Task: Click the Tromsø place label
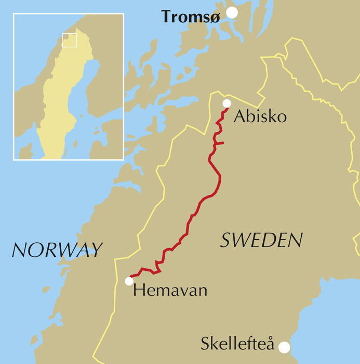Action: click(191, 17)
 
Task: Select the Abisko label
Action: click(260, 116)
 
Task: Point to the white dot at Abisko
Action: click(226, 103)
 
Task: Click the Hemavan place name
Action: click(170, 290)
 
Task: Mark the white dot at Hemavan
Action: click(129, 281)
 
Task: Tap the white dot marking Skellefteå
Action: click(284, 347)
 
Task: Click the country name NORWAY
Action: click(57, 250)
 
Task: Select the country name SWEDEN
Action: click(261, 240)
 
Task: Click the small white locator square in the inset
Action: click(69, 41)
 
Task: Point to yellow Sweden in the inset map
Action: click(60, 104)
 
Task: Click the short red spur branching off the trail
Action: click(219, 143)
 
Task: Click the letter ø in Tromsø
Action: click(215, 17)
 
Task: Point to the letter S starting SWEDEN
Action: click(226, 240)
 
